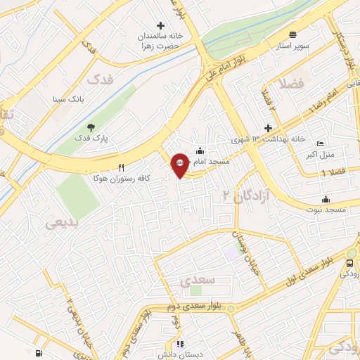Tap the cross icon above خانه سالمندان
point(160,25)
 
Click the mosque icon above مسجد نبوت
point(326,199)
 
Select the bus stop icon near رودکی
point(351,264)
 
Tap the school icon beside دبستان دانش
point(180,345)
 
